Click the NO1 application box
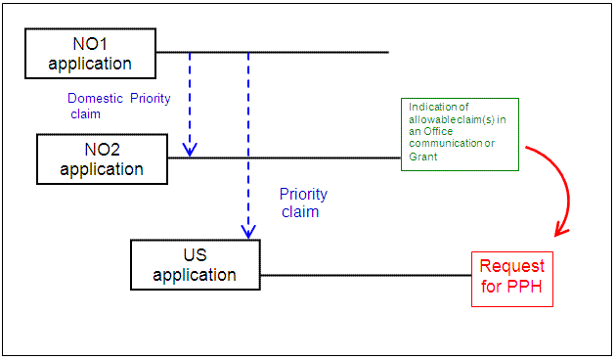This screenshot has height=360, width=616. (90, 54)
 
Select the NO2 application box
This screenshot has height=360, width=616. (102, 158)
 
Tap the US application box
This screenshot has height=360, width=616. (195, 264)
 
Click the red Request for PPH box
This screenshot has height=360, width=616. (511, 278)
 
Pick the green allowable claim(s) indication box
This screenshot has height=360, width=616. (459, 134)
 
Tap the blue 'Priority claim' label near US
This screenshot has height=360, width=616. (303, 202)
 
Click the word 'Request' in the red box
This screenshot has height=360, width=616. (511, 266)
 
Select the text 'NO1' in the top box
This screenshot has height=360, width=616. (90, 44)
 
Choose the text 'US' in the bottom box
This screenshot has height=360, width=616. (195, 254)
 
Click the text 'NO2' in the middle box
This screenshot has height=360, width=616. (102, 149)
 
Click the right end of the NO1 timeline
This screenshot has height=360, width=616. (387, 52)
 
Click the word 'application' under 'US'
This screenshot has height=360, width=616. (195, 275)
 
